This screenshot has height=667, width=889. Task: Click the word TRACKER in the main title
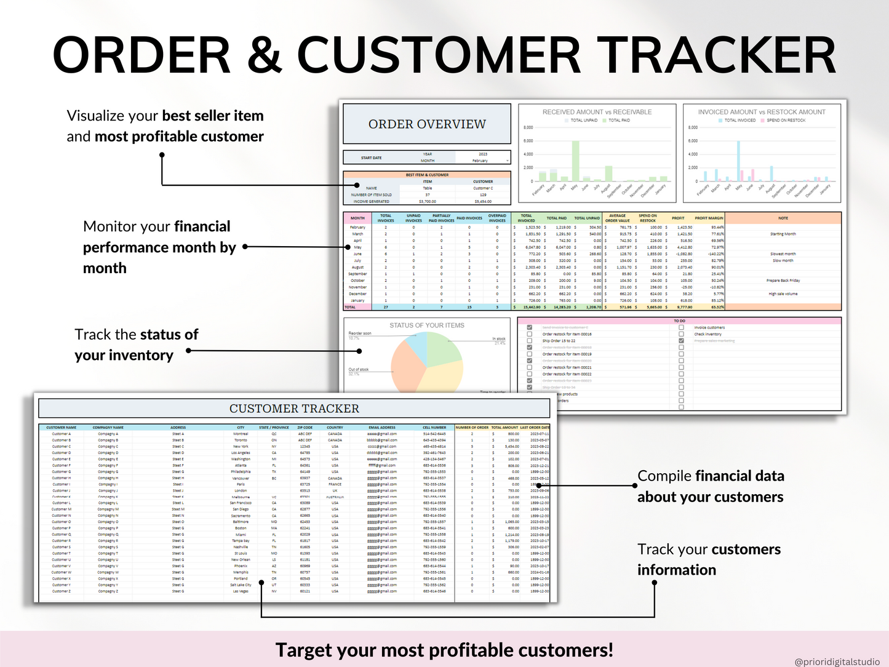tap(717, 55)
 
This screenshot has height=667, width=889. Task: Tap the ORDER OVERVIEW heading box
tap(427, 124)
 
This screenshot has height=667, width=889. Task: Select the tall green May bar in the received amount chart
tap(576, 161)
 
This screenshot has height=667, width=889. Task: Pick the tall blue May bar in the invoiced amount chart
tap(738, 161)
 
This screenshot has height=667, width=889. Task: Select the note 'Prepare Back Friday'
tap(783, 281)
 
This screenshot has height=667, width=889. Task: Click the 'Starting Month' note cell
tap(783, 234)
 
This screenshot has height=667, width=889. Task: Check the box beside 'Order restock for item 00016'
tap(530, 334)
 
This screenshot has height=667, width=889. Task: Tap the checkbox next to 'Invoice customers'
tap(681, 327)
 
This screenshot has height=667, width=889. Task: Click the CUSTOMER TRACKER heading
tap(294, 409)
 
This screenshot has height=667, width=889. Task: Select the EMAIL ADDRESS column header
tap(382, 427)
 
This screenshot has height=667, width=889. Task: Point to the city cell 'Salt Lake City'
tap(241, 585)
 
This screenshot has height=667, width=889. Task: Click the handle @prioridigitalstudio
tap(837, 661)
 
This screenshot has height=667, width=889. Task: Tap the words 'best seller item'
tap(213, 116)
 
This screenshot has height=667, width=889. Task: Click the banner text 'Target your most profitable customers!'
tap(444, 650)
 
